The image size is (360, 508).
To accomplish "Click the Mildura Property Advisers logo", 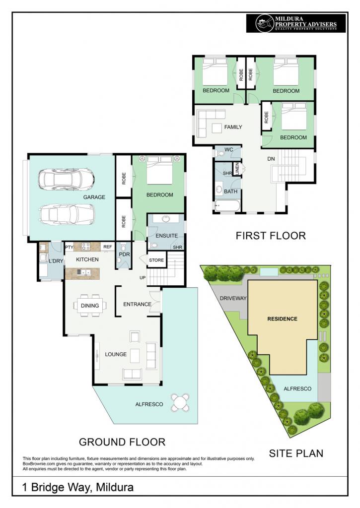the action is (x=296, y=23).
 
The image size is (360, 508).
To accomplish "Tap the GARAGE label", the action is (x=94, y=197).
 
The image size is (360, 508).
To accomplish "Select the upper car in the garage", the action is (x=66, y=179).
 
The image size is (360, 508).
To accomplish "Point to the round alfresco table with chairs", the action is (x=180, y=402).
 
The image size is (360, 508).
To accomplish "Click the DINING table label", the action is (x=90, y=306).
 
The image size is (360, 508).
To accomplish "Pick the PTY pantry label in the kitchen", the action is (x=69, y=247).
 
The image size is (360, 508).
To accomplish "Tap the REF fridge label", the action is (x=107, y=247).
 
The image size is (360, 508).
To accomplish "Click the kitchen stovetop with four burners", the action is (x=85, y=247).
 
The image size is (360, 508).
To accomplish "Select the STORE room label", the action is (x=156, y=260).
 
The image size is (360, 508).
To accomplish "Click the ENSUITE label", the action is (x=166, y=236).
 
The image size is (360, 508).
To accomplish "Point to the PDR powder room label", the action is (x=124, y=254).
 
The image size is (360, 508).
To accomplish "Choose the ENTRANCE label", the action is (x=137, y=304).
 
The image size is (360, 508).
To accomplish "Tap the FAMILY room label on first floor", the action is (x=233, y=127).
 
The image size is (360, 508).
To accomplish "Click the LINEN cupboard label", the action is (x=237, y=169).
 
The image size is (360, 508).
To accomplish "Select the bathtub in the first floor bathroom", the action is (x=227, y=206).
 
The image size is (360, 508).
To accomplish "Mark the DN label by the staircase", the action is (x=271, y=159).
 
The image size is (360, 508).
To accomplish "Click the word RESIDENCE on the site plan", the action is (x=282, y=319).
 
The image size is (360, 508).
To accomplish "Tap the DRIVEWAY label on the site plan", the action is (x=233, y=298).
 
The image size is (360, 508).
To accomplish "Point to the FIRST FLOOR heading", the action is (x=271, y=236).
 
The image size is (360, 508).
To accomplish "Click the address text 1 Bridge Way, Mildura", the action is (x=78, y=487).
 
